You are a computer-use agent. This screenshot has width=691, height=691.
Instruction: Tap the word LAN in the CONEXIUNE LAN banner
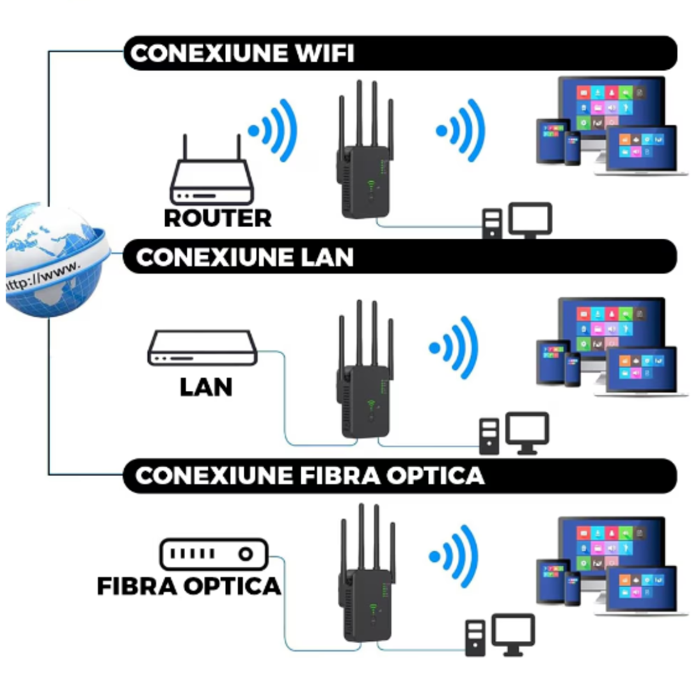[x=326, y=257]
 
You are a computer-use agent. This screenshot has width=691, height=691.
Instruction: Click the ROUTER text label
[x=218, y=218]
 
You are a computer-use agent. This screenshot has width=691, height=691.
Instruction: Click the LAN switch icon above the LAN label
[x=202, y=349]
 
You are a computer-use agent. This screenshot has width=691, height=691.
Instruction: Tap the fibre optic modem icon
[x=213, y=553]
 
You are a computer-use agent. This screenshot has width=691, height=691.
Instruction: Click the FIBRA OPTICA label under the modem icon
[x=189, y=585]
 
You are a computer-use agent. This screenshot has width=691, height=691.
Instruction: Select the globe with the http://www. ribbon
[x=54, y=259]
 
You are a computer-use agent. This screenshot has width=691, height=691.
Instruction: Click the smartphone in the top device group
[x=572, y=148]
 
